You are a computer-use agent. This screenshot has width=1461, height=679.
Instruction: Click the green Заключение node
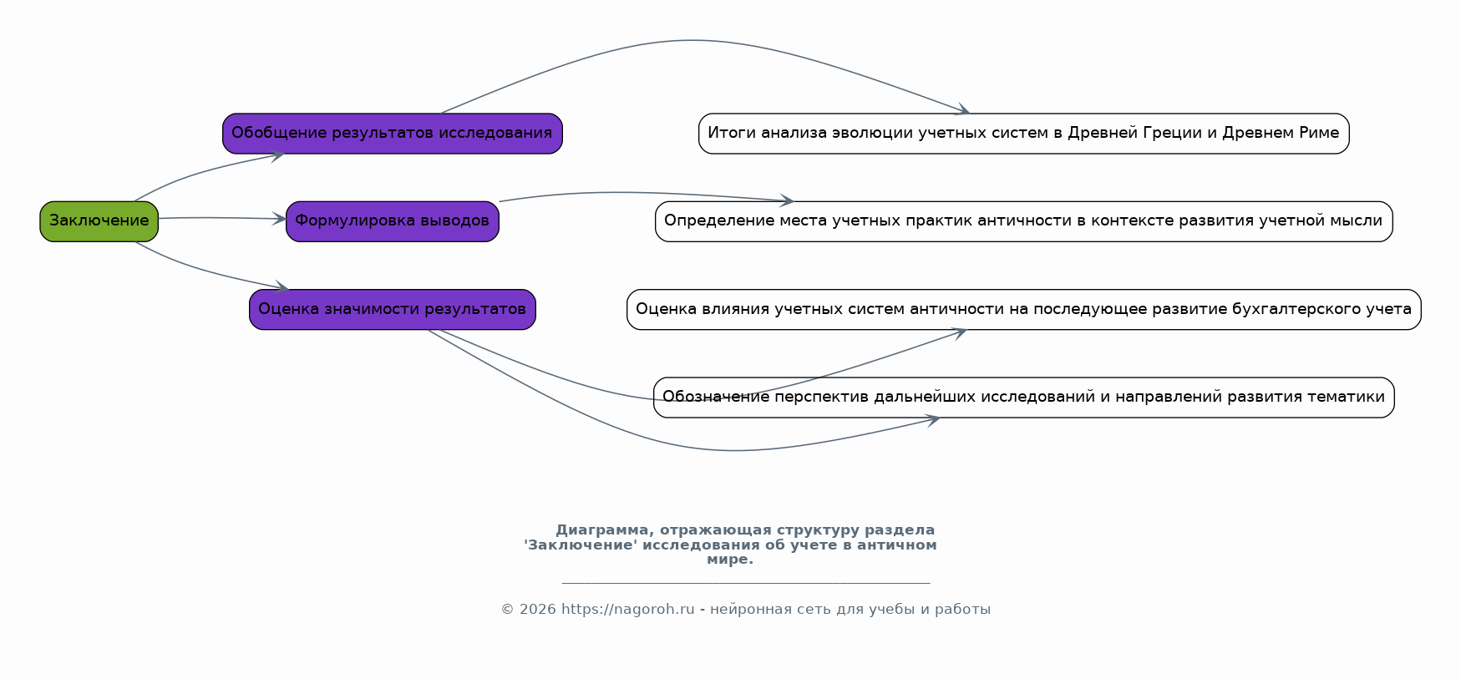pyautogui.click(x=99, y=221)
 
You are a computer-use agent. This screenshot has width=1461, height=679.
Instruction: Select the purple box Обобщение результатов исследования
pyautogui.click(x=392, y=134)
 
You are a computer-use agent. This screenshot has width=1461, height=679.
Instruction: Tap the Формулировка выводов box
pyautogui.click(x=392, y=221)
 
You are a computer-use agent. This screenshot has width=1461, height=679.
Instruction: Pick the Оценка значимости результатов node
pyautogui.click(x=392, y=309)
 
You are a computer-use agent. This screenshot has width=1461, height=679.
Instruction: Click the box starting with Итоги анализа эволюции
pyautogui.click(x=1023, y=134)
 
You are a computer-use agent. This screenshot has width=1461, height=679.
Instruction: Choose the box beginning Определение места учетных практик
pyautogui.click(x=1023, y=221)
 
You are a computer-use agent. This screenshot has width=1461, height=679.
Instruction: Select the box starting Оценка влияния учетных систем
pyautogui.click(x=1023, y=309)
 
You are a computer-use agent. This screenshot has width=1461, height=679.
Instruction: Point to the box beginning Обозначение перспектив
pyautogui.click(x=1023, y=398)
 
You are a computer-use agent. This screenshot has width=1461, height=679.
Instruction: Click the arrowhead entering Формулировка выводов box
pyautogui.click(x=280, y=219)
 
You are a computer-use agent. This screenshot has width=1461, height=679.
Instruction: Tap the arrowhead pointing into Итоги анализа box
pyautogui.click(x=964, y=110)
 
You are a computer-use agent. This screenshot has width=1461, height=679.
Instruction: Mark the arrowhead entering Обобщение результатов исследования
pyautogui.click(x=278, y=155)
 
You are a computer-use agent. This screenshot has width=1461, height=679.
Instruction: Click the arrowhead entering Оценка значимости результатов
pyautogui.click(x=282, y=288)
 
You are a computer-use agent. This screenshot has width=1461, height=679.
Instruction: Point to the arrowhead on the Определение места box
pyautogui.click(x=787, y=200)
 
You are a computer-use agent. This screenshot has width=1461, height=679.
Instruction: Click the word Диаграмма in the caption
pyautogui.click(x=601, y=530)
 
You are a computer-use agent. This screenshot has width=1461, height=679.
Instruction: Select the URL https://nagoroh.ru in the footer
pyautogui.click(x=627, y=610)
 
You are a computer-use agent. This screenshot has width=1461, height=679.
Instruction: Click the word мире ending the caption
pyautogui.click(x=728, y=560)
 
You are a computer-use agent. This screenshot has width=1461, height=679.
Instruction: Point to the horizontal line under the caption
pyautogui.click(x=745, y=583)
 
